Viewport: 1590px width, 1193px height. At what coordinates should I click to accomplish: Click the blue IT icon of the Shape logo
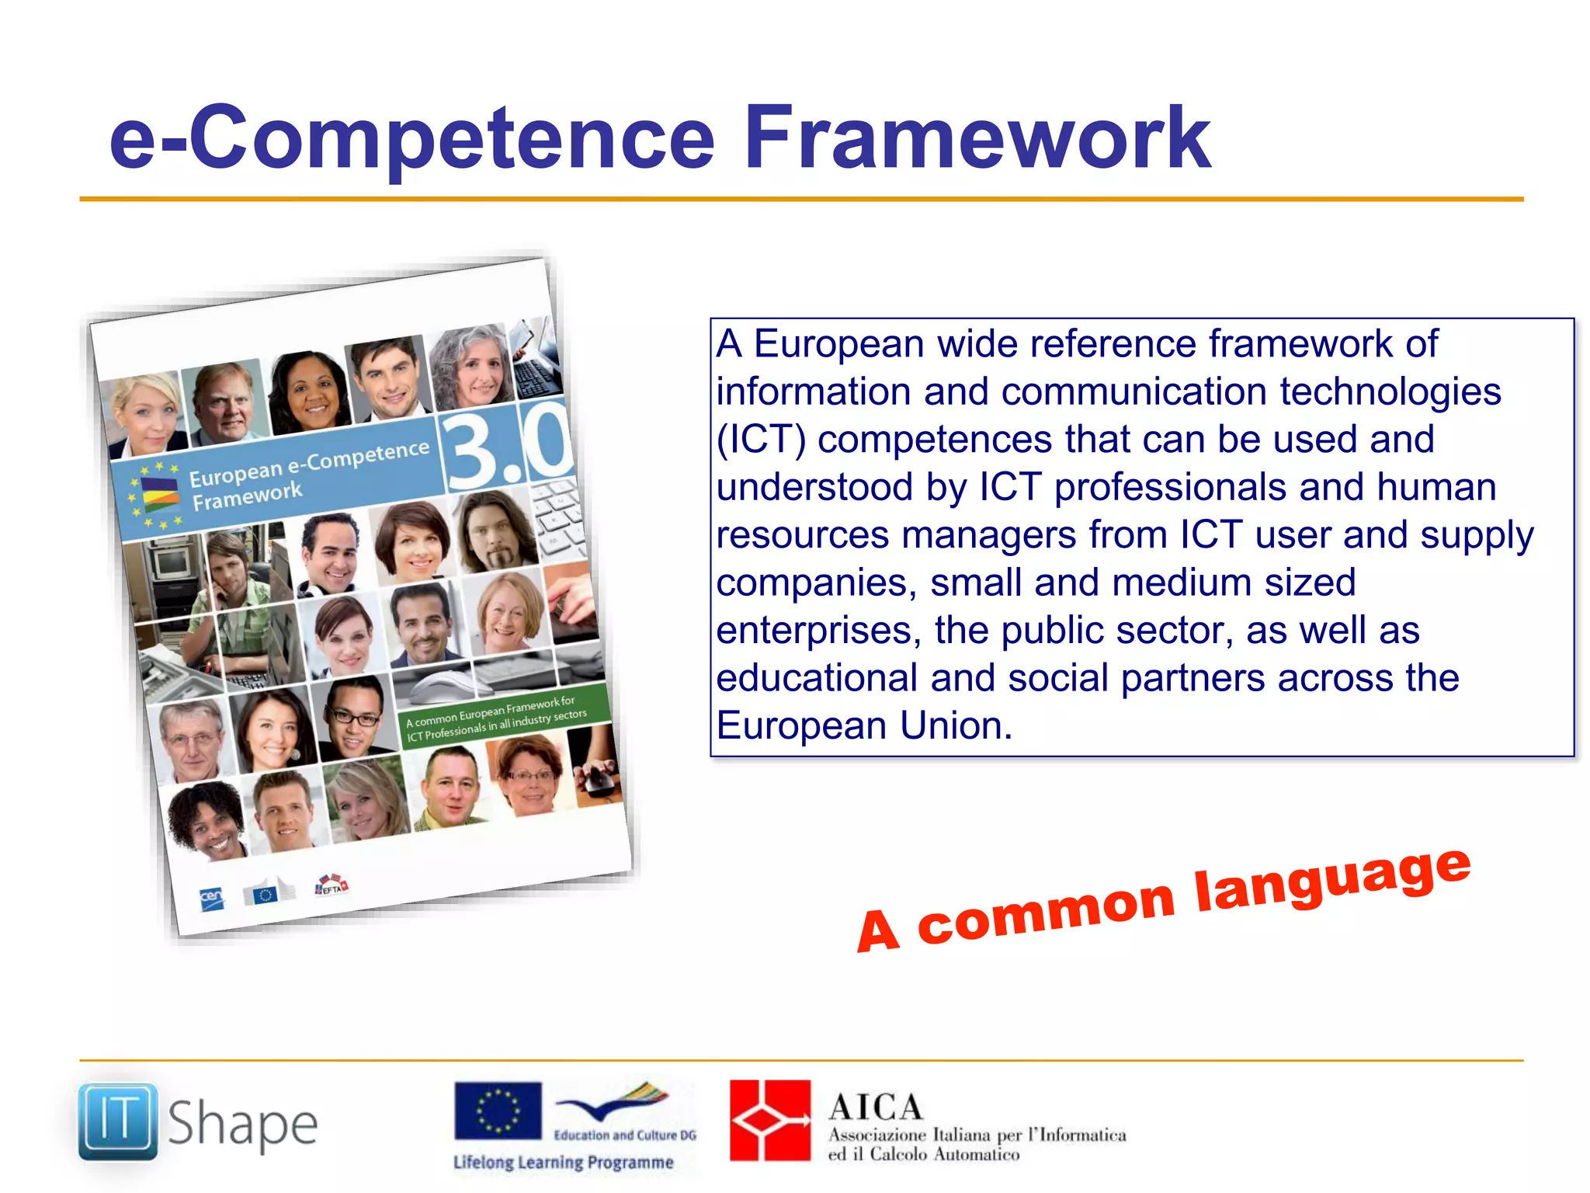pyautogui.click(x=118, y=1121)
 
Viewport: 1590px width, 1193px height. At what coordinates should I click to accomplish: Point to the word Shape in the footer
pyautogui.click(x=242, y=1125)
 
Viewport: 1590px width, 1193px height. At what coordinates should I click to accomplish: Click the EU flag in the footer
pyautogui.click(x=498, y=1110)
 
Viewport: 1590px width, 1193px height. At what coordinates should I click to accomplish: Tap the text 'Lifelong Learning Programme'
pyautogui.click(x=564, y=1163)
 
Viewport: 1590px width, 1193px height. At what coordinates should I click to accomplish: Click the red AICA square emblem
pyautogui.click(x=770, y=1120)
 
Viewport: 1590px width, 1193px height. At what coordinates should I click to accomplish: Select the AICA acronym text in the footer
pyautogui.click(x=875, y=1107)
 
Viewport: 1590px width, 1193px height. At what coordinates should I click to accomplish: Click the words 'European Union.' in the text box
pyautogui.click(x=864, y=726)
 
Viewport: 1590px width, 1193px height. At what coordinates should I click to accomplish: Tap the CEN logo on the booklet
pyautogui.click(x=211, y=899)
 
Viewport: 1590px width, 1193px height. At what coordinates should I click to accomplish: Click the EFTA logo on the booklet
pyautogui.click(x=332, y=886)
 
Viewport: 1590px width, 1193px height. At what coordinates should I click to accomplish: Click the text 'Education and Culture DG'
pyautogui.click(x=625, y=1135)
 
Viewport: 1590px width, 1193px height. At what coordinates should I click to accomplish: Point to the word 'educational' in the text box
pyautogui.click(x=817, y=678)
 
